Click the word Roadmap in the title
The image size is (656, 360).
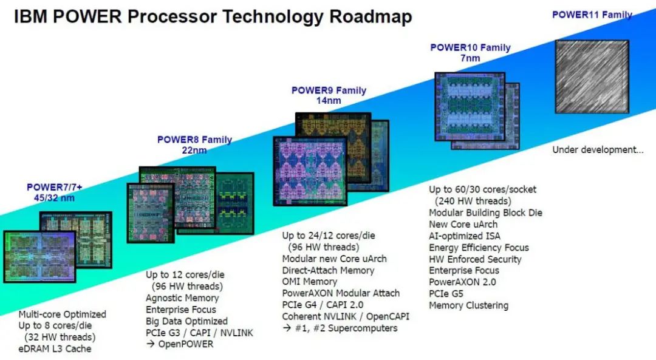pos(371,17)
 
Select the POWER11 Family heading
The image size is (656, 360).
pos(592,15)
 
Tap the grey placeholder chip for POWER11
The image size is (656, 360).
pos(592,76)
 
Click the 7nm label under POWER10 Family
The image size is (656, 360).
pos(470,58)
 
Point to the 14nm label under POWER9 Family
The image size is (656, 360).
pos(329,100)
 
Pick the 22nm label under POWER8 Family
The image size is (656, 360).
pos(194,150)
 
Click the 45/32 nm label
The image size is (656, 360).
pos(55,197)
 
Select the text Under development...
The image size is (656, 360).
pos(598,150)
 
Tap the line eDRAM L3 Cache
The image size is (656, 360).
pos(55,348)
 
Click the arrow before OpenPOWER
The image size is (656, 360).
pos(150,344)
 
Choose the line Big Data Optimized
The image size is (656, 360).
pos(186,321)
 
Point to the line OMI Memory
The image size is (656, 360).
pos(310,282)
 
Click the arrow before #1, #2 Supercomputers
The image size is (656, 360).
pos(287,328)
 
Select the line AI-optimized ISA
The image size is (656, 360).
pos(465,236)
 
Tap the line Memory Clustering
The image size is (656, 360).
pos(468,305)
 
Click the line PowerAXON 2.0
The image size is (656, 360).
pos(462,282)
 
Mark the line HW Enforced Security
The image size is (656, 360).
pos(475,259)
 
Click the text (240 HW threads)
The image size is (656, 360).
pos(473,201)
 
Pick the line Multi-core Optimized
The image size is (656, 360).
pos(63,314)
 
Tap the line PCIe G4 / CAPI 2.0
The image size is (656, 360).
pos(323,305)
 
